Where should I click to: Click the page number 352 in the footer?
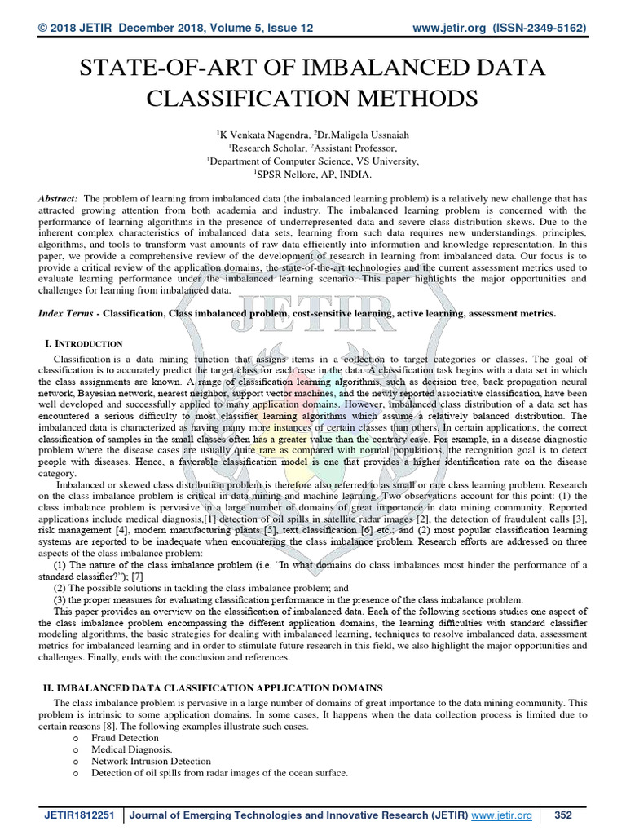tap(562, 815)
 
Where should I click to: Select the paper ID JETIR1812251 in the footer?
tap(78, 815)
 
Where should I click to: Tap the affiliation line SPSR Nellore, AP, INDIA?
tap(313, 174)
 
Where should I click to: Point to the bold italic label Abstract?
tap(59, 199)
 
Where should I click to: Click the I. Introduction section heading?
tap(82, 343)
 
